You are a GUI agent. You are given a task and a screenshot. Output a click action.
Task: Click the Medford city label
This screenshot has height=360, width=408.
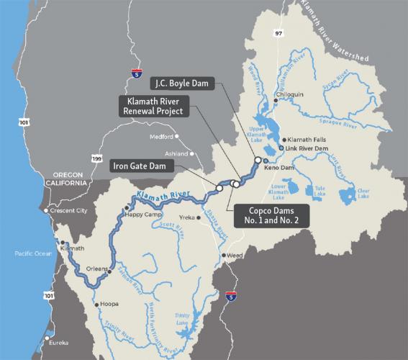coord(162,137)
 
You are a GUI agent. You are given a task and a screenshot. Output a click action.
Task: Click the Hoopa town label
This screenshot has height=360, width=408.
coord(108,305)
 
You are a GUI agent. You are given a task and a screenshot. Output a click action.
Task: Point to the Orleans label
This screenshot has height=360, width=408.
coord(96,270)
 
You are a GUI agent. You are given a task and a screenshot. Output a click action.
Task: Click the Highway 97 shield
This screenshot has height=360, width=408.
coord(278,32)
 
